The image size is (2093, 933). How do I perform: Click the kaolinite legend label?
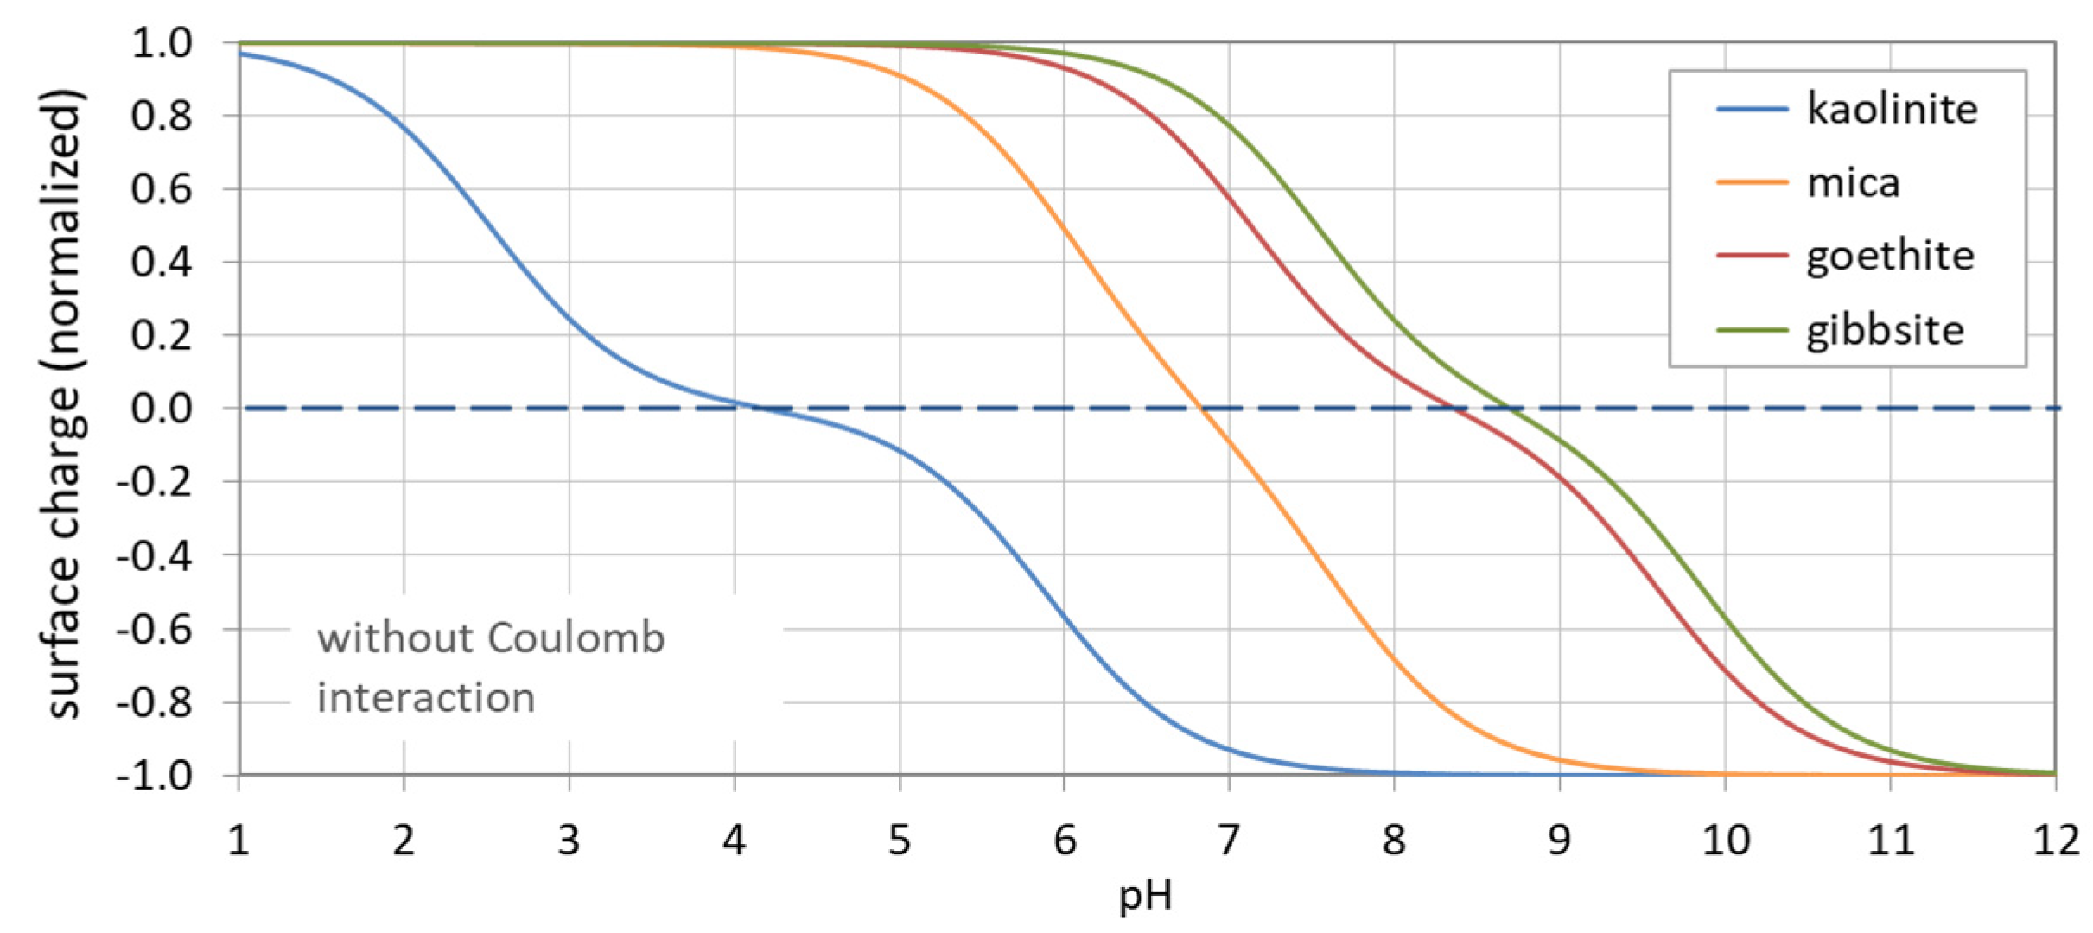(1892, 110)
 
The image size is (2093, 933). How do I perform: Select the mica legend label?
(1853, 183)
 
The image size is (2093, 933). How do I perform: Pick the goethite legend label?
(1890, 257)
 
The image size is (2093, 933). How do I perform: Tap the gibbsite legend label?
(1885, 330)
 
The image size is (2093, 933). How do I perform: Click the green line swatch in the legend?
(1751, 330)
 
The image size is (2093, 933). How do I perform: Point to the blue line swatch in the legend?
(1751, 110)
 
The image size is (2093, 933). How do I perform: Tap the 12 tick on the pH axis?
(2055, 840)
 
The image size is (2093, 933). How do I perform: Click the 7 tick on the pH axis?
(1229, 840)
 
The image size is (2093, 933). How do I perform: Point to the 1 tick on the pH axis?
(239, 840)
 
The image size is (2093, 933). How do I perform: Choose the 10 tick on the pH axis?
(1725, 840)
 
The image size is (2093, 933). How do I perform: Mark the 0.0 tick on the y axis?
(162, 409)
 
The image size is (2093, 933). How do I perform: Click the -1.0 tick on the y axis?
(154, 776)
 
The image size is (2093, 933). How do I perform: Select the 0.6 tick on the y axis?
(162, 188)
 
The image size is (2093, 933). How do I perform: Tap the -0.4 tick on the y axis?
(154, 555)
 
